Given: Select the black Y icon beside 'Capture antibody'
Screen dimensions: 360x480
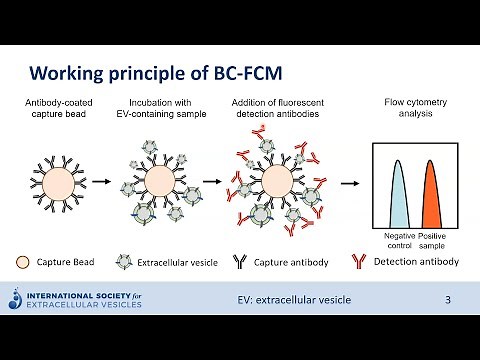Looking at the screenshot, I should pos(239,262).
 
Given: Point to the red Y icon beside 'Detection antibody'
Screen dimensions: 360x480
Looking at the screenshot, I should pos(356,262).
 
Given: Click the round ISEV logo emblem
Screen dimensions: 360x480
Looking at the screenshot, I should pos(15,298).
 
